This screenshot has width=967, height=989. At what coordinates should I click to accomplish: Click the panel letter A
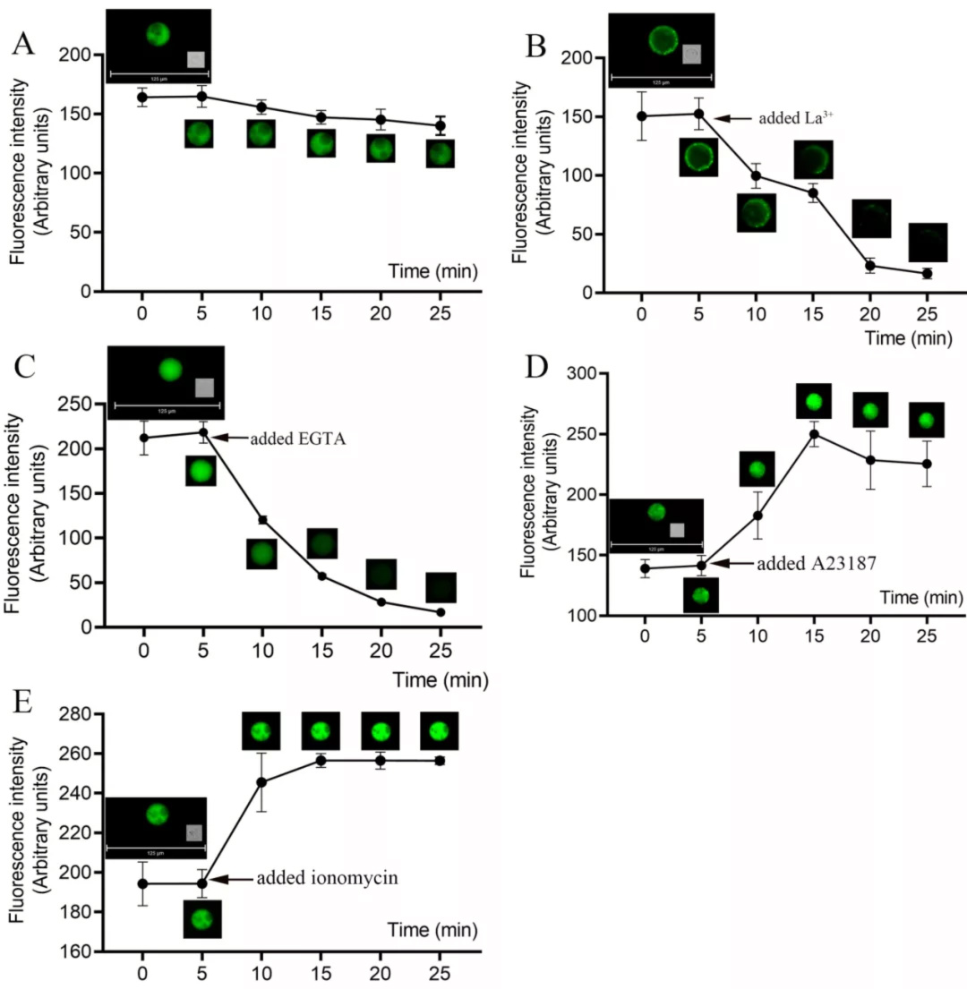pos(23,43)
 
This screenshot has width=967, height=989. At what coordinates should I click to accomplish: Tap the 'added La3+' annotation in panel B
pos(796,117)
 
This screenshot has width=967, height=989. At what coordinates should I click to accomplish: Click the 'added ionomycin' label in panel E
pos(327,878)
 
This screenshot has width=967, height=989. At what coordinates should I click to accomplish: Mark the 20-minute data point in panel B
pos(869,266)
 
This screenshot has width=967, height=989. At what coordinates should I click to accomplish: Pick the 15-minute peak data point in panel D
pos(814,434)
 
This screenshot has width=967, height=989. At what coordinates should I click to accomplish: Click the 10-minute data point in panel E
pos(261,782)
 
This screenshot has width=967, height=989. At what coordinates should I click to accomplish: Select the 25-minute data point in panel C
pos(441,612)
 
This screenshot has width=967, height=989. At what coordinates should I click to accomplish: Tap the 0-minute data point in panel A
pos(142,98)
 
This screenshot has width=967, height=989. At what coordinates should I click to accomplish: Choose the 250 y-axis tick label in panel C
pos(81,405)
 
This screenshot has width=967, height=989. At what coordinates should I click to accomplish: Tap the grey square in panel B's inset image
pos(691,55)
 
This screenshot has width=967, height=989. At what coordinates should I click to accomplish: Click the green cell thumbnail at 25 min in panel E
pos(440,730)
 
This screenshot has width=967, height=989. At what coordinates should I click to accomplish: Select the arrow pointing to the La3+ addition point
pos(733,117)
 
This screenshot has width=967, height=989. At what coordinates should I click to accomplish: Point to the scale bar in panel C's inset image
pos(167,406)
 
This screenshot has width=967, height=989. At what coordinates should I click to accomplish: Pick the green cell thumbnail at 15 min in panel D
pos(814,400)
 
